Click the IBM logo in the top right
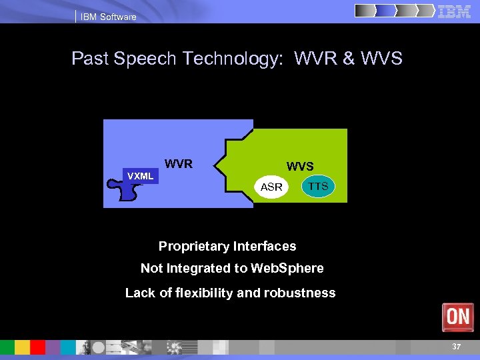pyautogui.click(x=455, y=11)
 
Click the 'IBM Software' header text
pyautogui.click(x=108, y=17)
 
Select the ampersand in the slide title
pyautogui.click(x=349, y=59)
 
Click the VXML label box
pyautogui.click(x=141, y=176)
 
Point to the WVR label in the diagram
pyautogui.click(x=179, y=163)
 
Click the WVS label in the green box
pyautogui.click(x=300, y=166)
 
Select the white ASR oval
pyautogui.click(x=271, y=187)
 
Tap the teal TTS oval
pyautogui.click(x=319, y=186)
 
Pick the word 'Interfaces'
pyautogui.click(x=265, y=247)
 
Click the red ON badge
pyautogui.click(x=458, y=317)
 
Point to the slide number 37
pyautogui.click(x=456, y=347)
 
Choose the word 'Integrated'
pyautogui.click(x=201, y=269)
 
